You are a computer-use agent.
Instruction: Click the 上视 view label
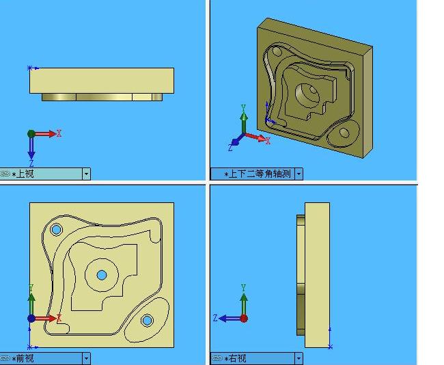[25, 174]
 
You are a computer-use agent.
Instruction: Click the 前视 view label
[25, 358]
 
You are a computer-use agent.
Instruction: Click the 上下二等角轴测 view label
[260, 174]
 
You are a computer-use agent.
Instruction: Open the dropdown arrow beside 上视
[87, 174]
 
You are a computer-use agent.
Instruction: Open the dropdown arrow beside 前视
[87, 359]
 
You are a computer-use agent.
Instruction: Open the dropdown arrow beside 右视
[299, 359]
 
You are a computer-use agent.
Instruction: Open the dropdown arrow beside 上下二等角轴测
[299, 174]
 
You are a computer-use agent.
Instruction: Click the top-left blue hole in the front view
[56, 229]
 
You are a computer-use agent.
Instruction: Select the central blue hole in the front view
[102, 275]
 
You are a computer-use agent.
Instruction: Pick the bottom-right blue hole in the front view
[147, 321]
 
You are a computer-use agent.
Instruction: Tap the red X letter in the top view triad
[59, 133]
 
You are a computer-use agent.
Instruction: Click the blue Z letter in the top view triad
[31, 163]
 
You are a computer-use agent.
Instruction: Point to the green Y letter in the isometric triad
[243, 108]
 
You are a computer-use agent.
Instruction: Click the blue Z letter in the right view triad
[215, 318]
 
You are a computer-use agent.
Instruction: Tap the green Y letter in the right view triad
[243, 288]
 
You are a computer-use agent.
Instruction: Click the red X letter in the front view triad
[59, 318]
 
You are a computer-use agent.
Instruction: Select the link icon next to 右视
[217, 358]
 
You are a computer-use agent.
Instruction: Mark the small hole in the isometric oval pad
[344, 133]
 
